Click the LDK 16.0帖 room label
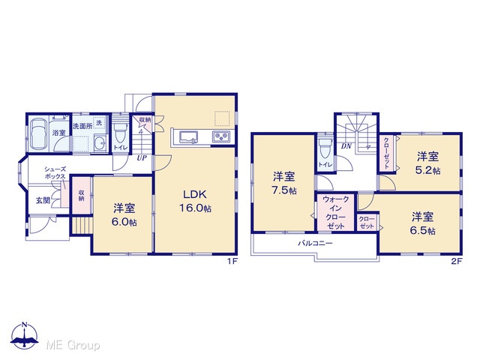click(x=195, y=201)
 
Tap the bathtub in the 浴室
click(x=38, y=133)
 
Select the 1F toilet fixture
click(x=121, y=133)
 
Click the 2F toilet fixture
click(x=325, y=148)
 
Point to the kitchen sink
click(x=188, y=136)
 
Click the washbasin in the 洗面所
click(x=100, y=142)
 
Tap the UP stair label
click(x=142, y=158)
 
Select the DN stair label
click(x=346, y=146)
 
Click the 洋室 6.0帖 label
click(x=124, y=215)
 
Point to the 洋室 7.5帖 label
click(x=284, y=183)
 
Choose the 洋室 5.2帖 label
click(x=427, y=163)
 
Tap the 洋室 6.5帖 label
click(x=422, y=223)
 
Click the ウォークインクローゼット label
click(x=336, y=212)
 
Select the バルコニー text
click(x=315, y=244)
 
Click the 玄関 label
click(x=43, y=200)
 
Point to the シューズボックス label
click(x=55, y=172)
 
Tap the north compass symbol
click(x=25, y=335)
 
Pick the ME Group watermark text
click(x=73, y=345)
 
